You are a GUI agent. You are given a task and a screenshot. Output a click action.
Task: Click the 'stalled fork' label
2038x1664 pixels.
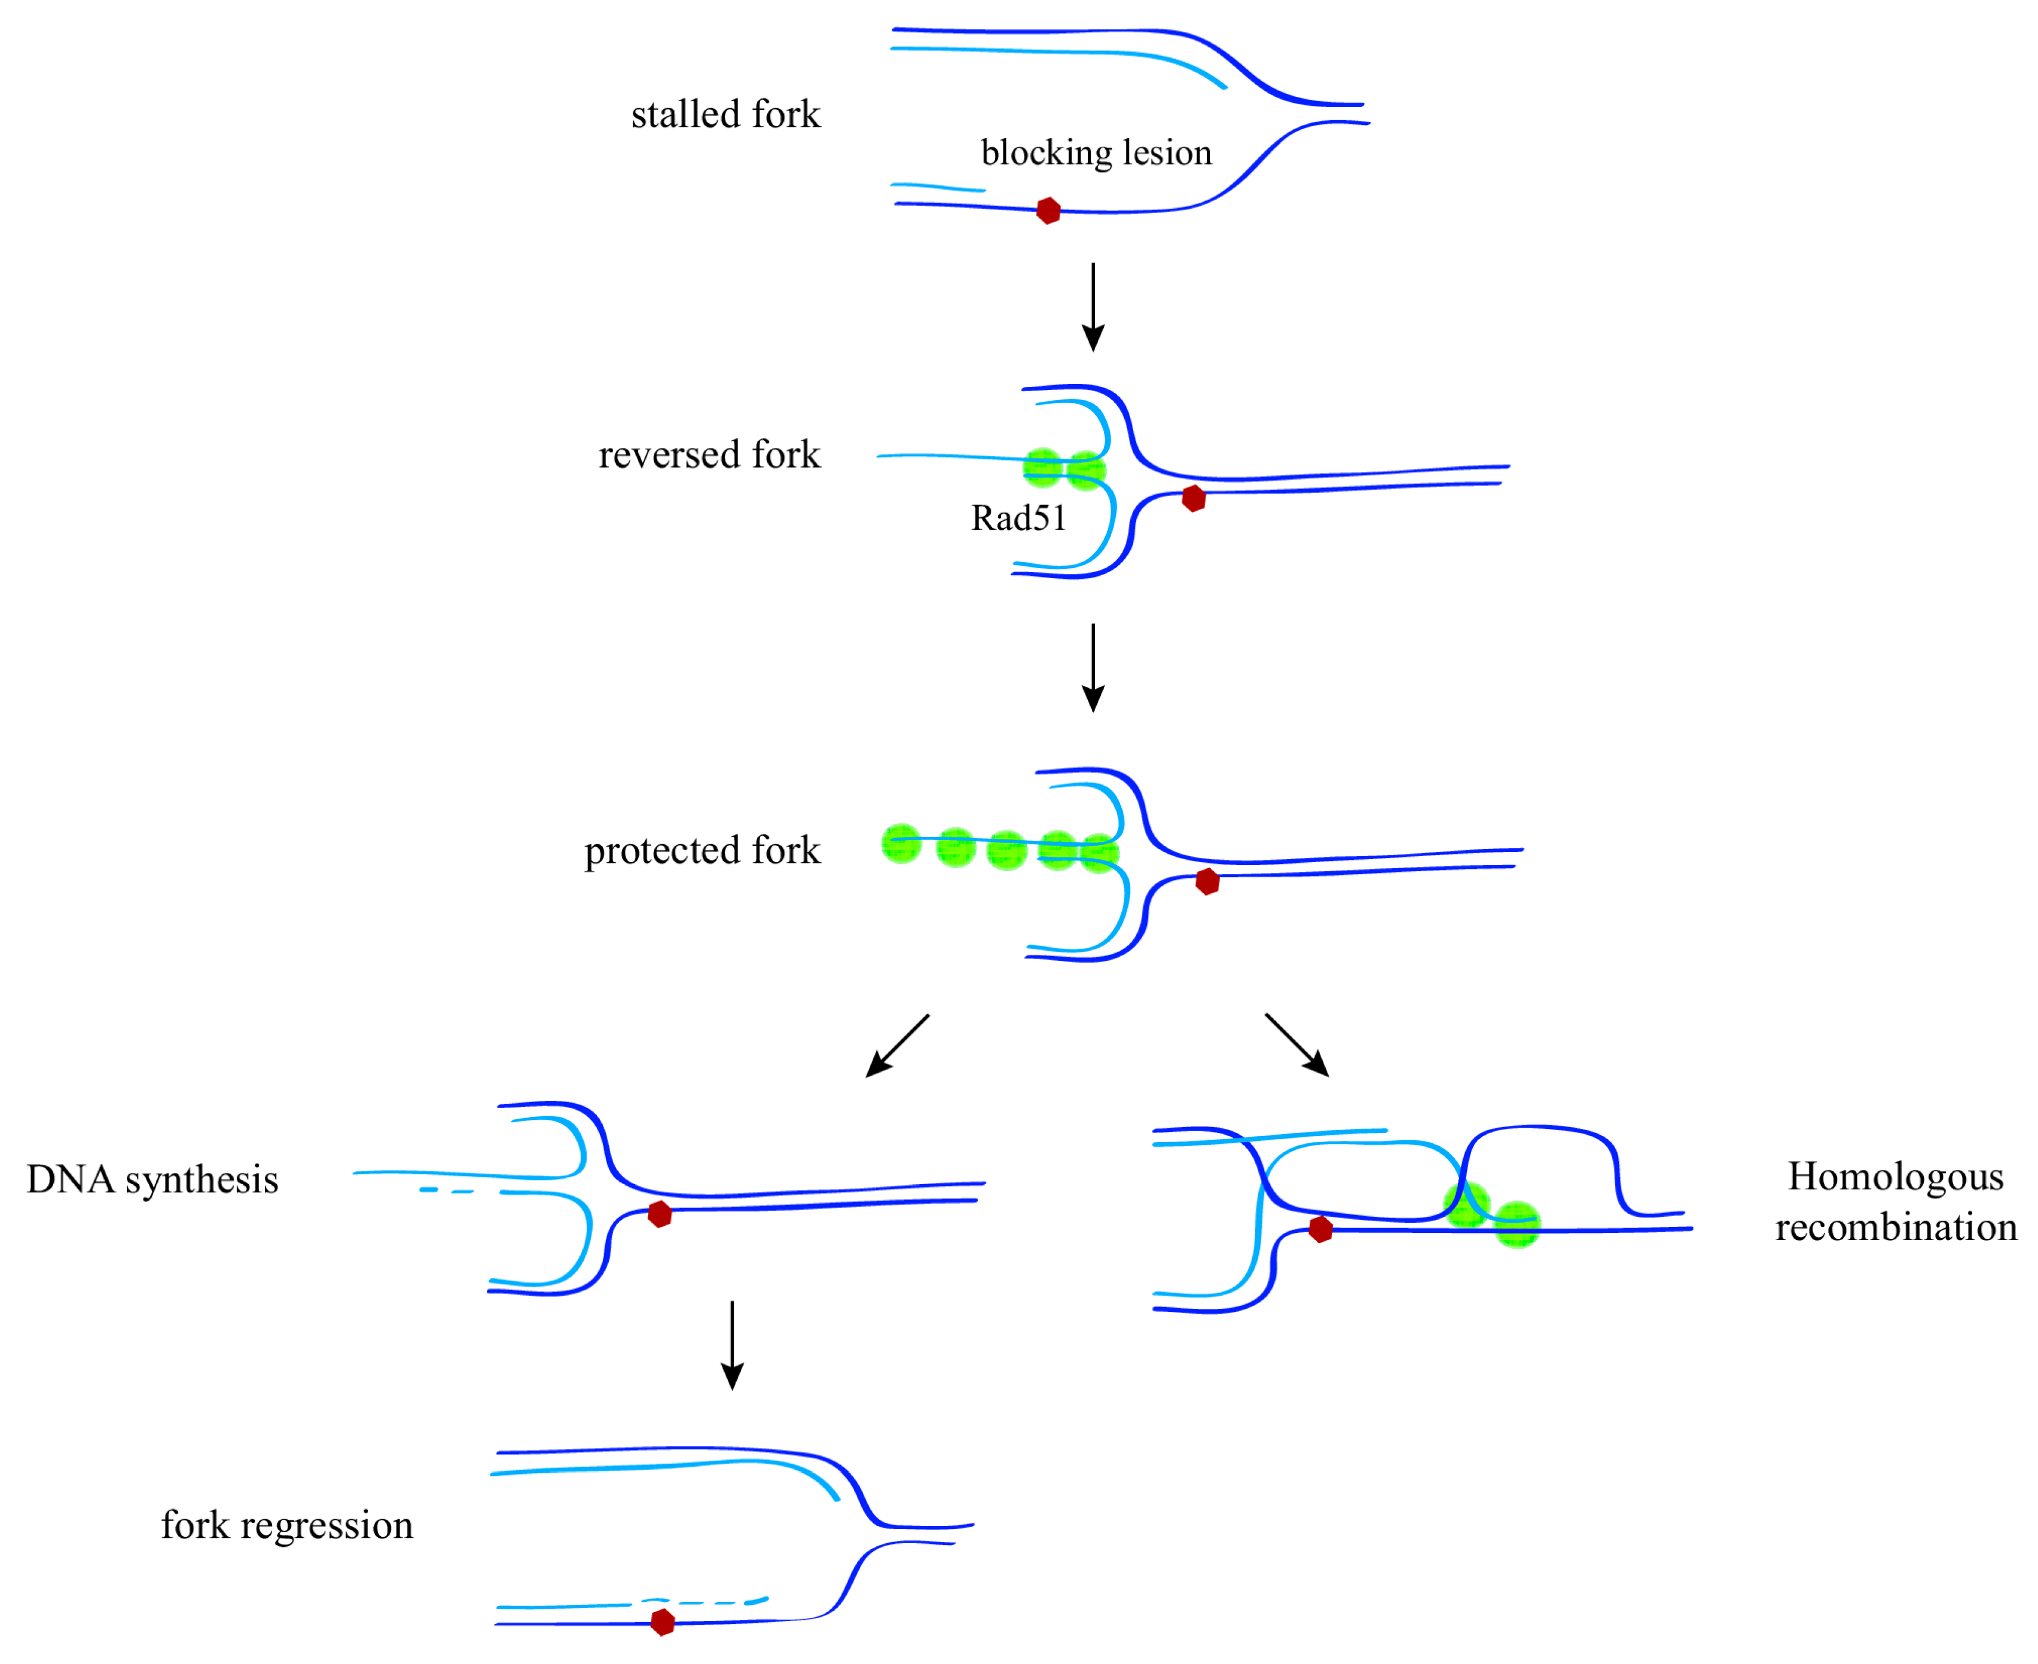tap(725, 115)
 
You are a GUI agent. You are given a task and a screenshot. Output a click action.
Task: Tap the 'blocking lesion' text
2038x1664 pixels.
tap(1097, 153)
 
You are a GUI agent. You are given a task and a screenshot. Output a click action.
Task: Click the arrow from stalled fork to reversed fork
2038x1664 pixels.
tap(1093, 307)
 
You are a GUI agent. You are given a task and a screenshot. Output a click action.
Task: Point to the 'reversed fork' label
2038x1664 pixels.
tap(709, 455)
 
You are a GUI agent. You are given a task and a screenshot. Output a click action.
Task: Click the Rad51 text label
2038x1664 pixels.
tap(1018, 518)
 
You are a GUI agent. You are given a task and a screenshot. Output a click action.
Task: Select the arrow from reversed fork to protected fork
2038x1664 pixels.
tap(1093, 668)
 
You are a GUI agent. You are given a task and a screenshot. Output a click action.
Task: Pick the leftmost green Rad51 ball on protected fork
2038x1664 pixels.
tap(901, 844)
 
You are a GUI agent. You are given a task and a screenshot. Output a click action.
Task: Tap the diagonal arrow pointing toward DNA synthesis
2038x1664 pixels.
tap(897, 1046)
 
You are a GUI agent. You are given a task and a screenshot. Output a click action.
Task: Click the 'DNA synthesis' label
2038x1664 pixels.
tap(152, 1180)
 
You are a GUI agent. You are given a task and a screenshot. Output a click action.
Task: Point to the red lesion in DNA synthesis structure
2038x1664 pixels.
tap(660, 1214)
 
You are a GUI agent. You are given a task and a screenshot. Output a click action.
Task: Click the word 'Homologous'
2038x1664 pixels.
tap(1895, 1177)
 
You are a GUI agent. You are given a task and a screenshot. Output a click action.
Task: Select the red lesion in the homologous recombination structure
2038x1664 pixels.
tap(1321, 1229)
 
